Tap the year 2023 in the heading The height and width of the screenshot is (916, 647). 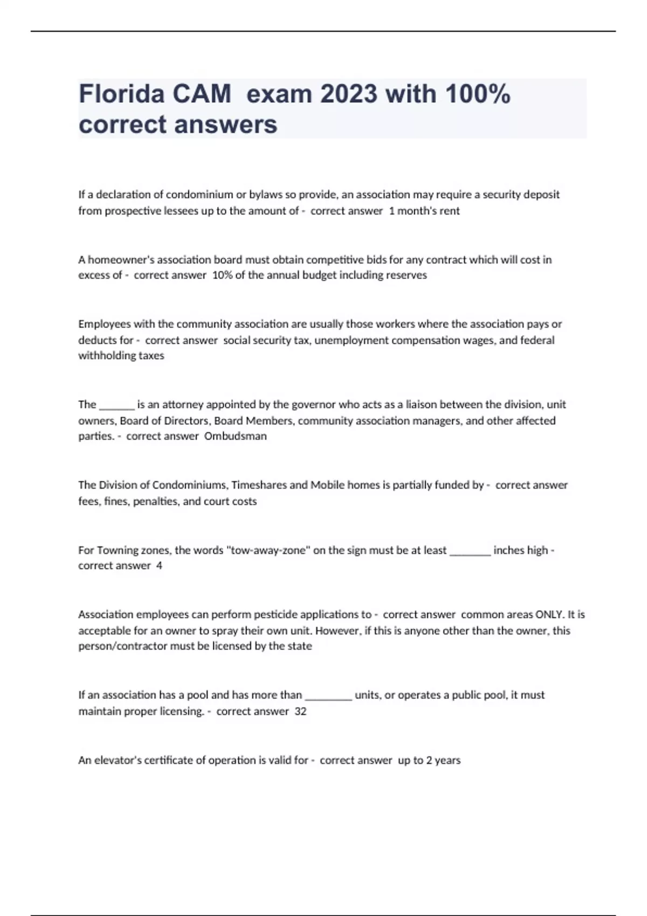coord(349,94)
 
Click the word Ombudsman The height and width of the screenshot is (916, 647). coord(235,436)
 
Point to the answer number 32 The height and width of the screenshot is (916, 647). coord(300,711)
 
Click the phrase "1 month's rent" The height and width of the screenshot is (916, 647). coord(424,211)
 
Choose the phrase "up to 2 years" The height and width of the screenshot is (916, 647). coord(429,760)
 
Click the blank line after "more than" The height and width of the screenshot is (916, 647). coord(328,695)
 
